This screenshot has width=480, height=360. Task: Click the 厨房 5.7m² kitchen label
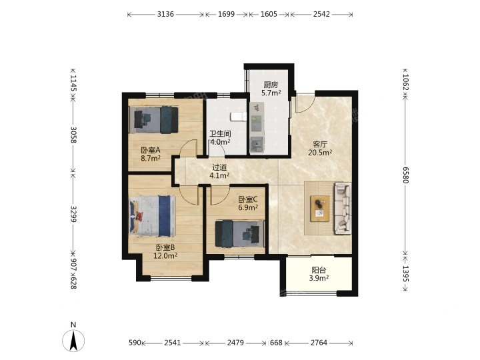271,89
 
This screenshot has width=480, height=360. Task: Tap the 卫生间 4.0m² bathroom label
220,138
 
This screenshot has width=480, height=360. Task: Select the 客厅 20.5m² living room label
320,148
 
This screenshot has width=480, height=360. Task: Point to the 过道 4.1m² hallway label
219,171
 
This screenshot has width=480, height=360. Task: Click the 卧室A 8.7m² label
151,154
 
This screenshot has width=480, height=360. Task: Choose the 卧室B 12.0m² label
165,251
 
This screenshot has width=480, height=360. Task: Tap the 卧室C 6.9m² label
248,203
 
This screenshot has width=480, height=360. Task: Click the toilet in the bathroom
238,117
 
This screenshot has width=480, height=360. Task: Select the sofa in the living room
343,208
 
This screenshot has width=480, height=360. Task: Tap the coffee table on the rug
320,209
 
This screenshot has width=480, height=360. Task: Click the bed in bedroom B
153,217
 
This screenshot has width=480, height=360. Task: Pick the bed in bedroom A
154,120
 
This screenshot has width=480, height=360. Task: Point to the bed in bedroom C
240,233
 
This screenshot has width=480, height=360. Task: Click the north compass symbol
73,337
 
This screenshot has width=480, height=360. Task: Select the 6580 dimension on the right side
405,175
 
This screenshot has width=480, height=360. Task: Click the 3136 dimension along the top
165,14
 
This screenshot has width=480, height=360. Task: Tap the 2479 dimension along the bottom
235,343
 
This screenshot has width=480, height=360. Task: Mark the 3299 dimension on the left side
73,214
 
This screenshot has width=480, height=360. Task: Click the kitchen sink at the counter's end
257,144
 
